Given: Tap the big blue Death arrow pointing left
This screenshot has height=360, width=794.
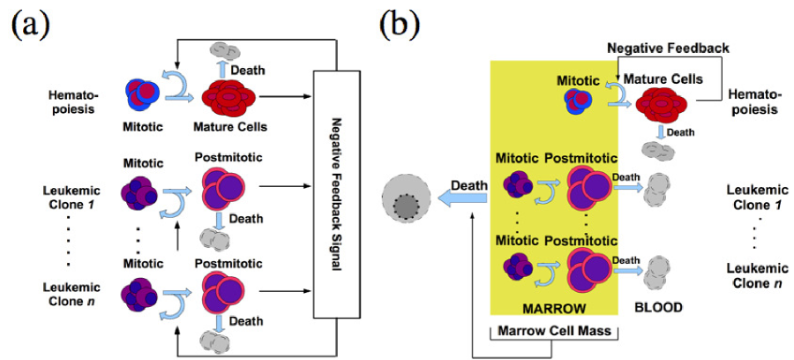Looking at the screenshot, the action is pyautogui.click(x=462, y=199).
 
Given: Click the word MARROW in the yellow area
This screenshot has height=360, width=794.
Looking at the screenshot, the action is pyautogui.click(x=556, y=308).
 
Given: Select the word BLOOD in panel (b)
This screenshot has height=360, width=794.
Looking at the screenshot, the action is pyautogui.click(x=658, y=307).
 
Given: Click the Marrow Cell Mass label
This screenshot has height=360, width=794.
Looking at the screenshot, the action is pyautogui.click(x=556, y=332).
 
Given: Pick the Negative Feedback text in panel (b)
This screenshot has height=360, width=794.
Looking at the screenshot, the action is pyautogui.click(x=669, y=49).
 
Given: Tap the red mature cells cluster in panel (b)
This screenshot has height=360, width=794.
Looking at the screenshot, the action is pyautogui.click(x=662, y=107).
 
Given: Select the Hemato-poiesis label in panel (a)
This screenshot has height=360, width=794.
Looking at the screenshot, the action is pyautogui.click(x=73, y=101).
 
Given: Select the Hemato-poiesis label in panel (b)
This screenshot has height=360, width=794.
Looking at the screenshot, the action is pyautogui.click(x=753, y=101).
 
